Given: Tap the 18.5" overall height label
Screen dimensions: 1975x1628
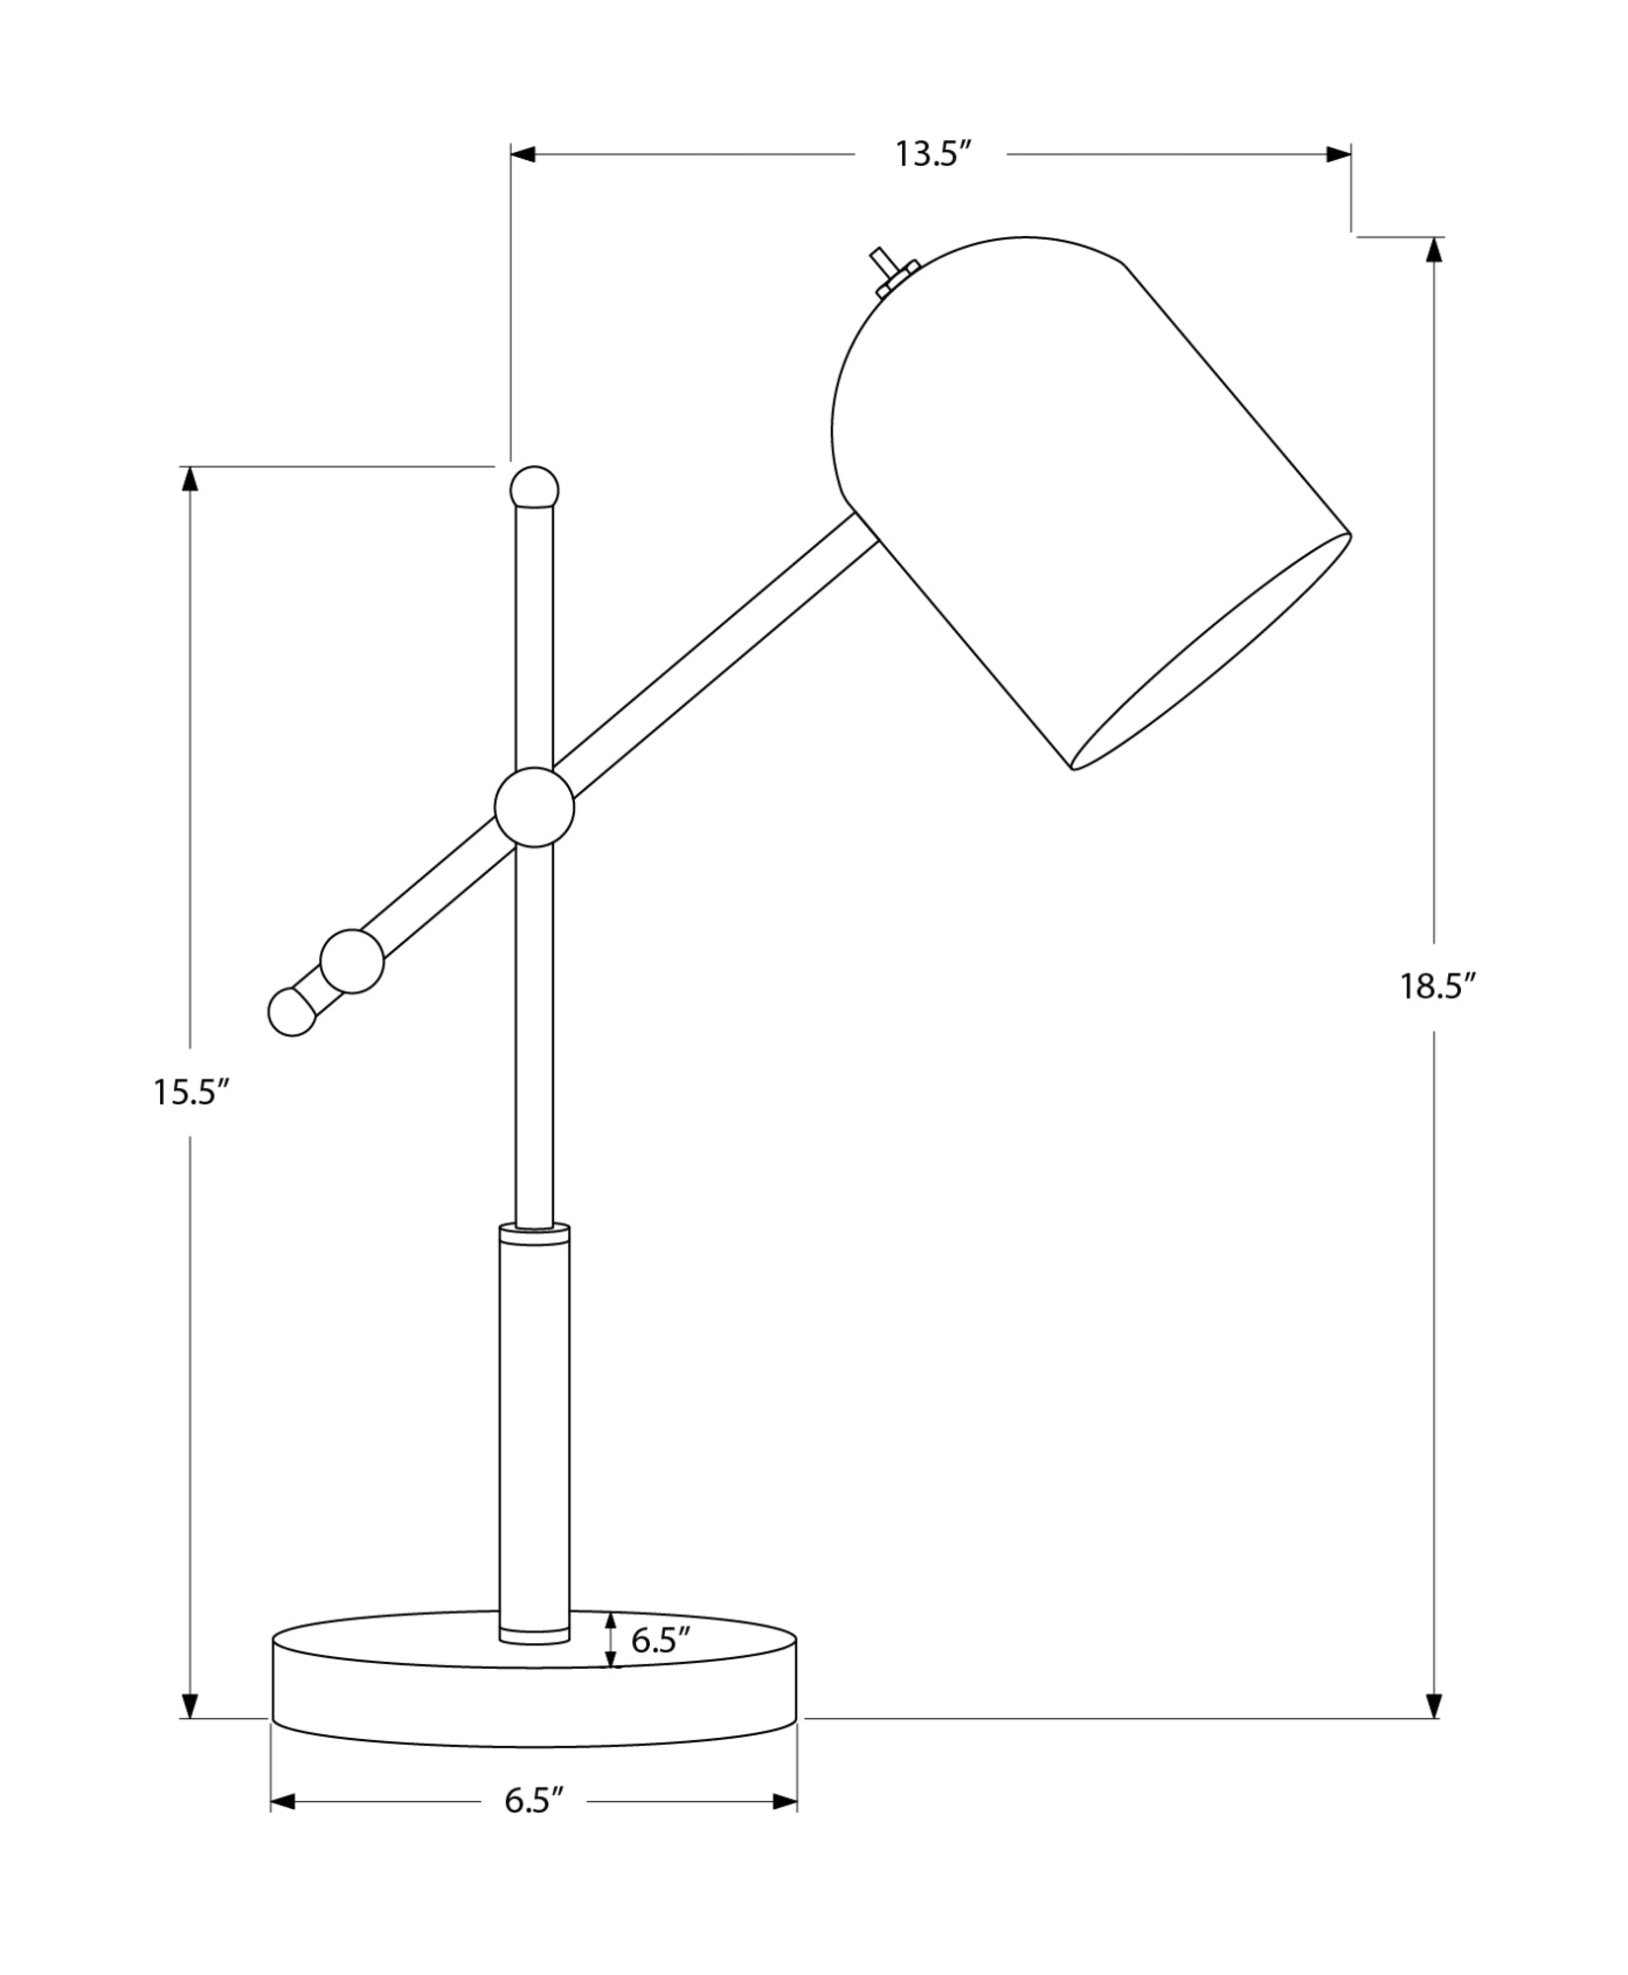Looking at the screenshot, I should click(x=1436, y=987).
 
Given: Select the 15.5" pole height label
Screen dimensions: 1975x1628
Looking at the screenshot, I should click(x=191, y=1092).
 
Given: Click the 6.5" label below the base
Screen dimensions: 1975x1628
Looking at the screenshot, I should click(x=533, y=1801).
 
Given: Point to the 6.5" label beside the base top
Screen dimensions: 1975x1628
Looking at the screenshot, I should click(x=660, y=1640).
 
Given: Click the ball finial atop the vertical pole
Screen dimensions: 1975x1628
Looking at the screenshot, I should click(x=534, y=488).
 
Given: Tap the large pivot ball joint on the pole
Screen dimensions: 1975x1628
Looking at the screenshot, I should click(x=534, y=807).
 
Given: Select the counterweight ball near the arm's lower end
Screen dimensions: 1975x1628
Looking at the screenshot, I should click(x=352, y=961).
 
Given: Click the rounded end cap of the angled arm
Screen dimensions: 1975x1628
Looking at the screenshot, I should click(x=291, y=1011).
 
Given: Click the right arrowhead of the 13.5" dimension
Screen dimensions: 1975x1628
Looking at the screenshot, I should click(x=1339, y=155).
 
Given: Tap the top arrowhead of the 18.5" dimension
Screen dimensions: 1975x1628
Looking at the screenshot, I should click(x=1435, y=250).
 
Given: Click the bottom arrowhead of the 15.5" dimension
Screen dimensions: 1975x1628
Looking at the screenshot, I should click(x=191, y=1705).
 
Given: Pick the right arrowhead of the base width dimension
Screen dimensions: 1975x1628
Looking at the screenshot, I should click(x=785, y=1802).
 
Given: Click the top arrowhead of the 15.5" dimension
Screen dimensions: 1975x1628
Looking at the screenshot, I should click(x=191, y=479).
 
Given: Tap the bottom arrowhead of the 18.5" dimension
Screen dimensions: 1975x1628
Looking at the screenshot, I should click(x=1435, y=1705).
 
